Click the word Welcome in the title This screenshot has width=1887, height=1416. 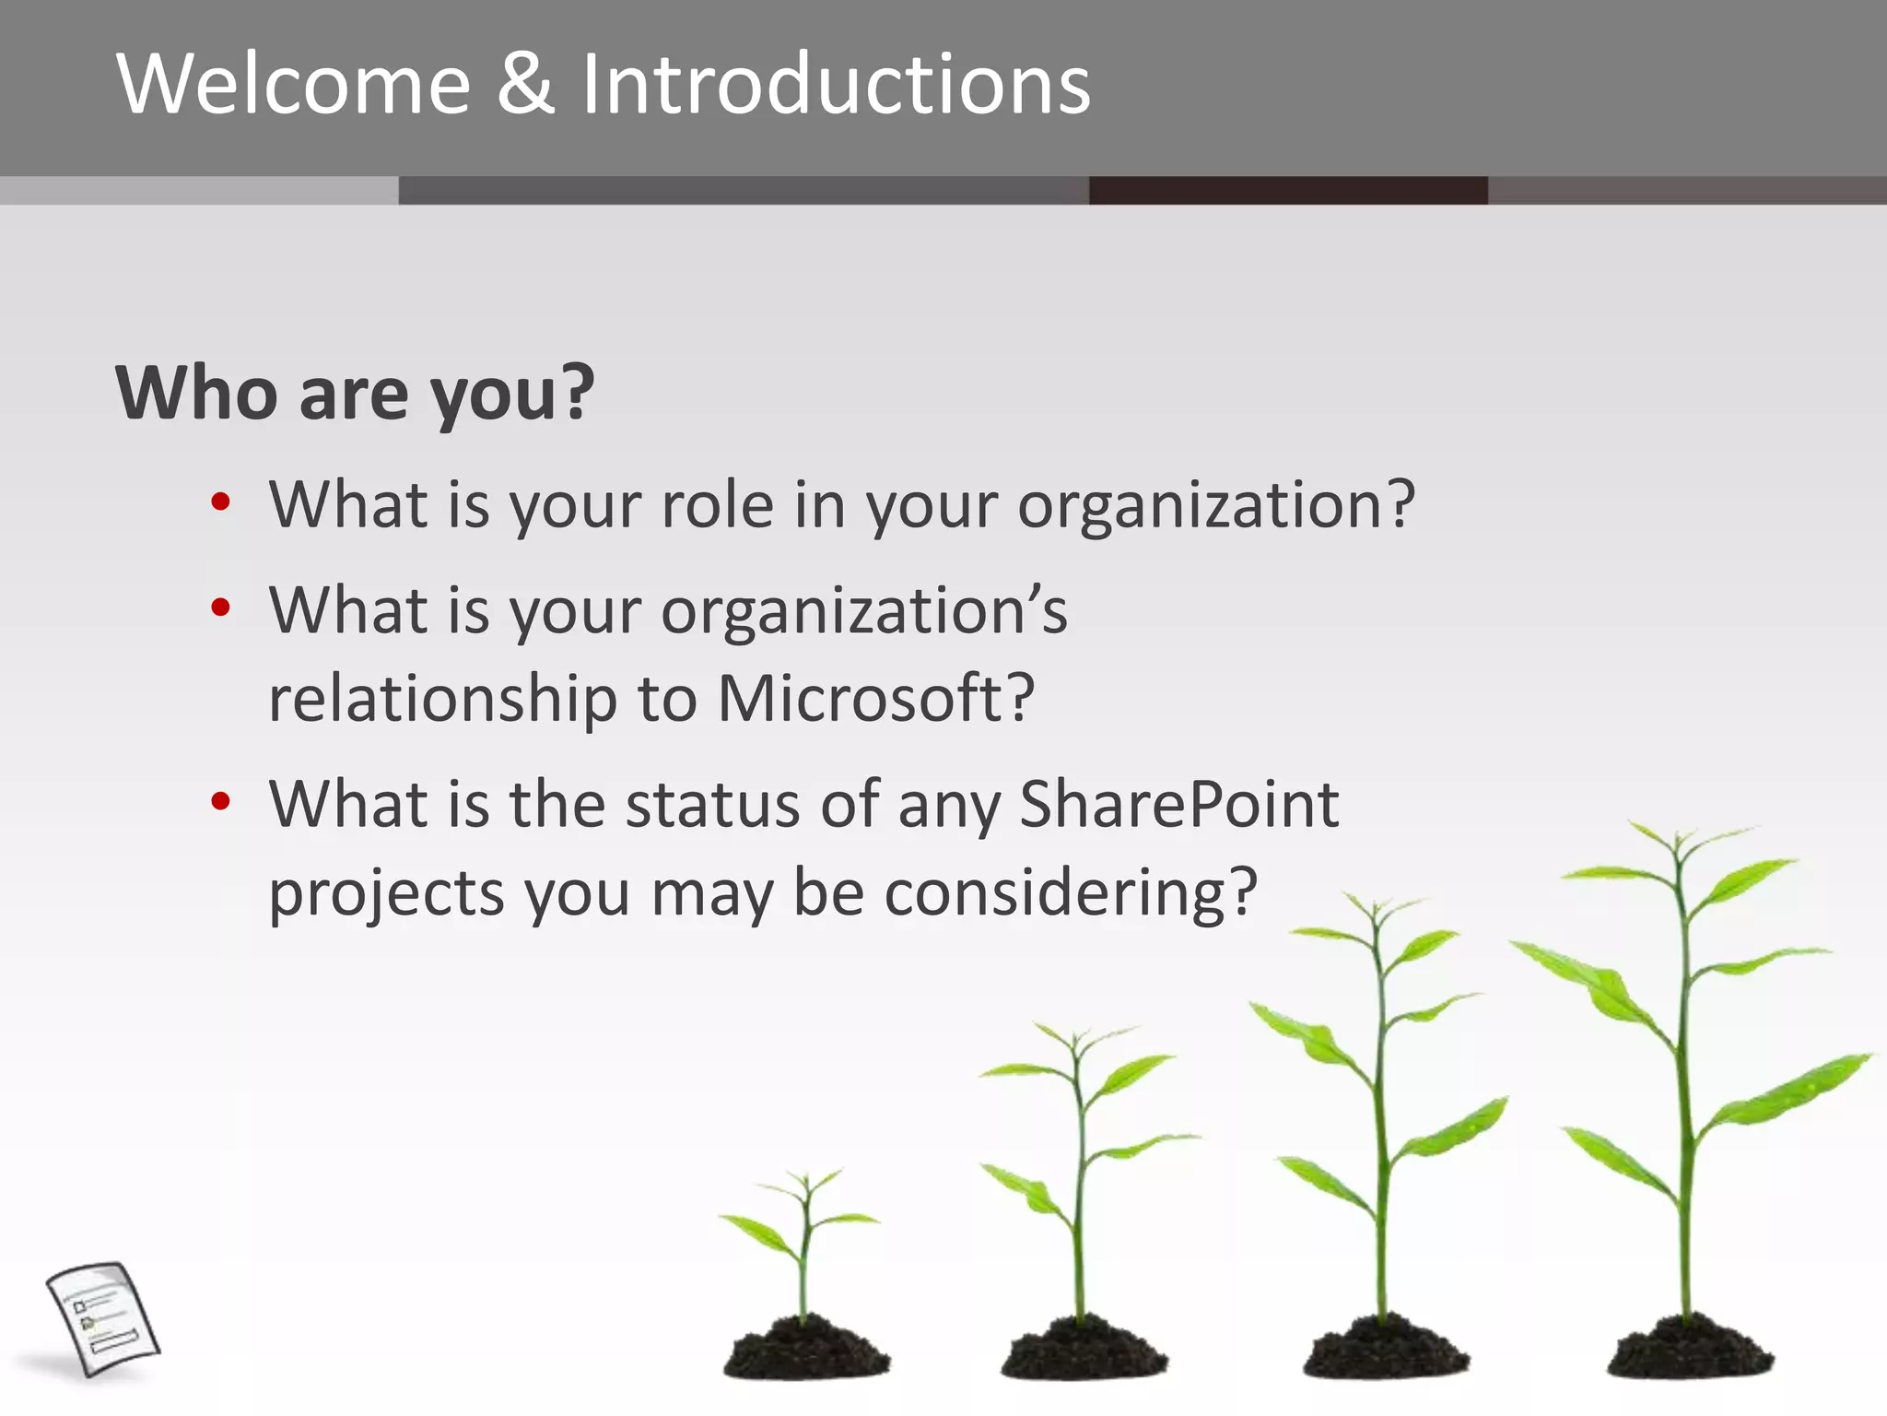[x=293, y=85]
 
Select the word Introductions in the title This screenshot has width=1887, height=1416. [x=835, y=85]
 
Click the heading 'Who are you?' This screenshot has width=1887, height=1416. [x=355, y=394]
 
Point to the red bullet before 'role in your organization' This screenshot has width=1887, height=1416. [x=220, y=502]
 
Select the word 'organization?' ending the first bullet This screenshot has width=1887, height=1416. [x=1215, y=507]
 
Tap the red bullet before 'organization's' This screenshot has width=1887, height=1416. [x=220, y=608]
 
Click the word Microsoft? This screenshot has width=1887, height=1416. [x=875, y=698]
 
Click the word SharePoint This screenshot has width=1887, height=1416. [x=1178, y=804]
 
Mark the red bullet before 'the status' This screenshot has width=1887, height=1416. [x=220, y=801]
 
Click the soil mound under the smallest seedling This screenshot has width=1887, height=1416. [x=805, y=1350]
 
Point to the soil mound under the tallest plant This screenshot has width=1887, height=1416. [x=1689, y=1350]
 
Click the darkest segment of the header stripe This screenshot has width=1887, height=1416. [x=1287, y=190]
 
